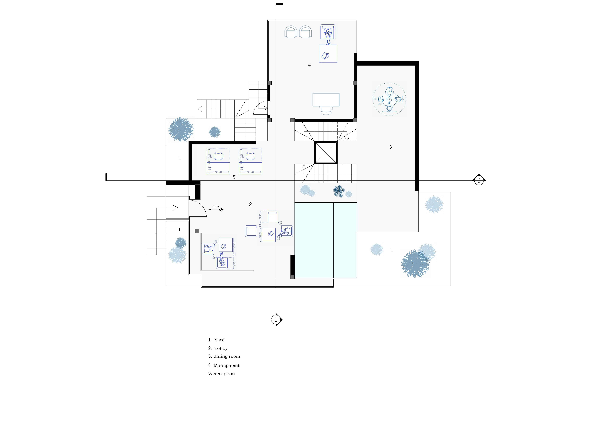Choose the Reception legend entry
coord(224,374)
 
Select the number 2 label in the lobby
coord(250,204)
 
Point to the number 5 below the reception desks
coord(234,177)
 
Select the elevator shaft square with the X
coord(326,153)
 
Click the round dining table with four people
coord(389,99)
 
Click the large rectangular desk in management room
coord(326,99)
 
